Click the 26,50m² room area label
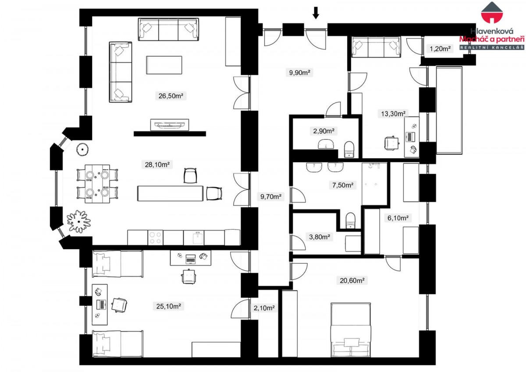coord(171,96)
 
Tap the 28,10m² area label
coord(157,164)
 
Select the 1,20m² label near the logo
coord(440,49)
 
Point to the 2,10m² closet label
coord(264,308)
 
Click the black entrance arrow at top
coord(316,13)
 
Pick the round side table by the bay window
coord(82,149)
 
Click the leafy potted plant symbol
coord(78,221)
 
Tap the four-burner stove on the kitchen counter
coord(156,237)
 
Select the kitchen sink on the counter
coord(198,238)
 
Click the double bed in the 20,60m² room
coord(351,330)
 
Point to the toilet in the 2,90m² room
coord(349,149)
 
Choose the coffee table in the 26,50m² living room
coord(164,65)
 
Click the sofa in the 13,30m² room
coord(376,47)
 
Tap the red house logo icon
coord(492,12)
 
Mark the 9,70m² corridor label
coord(271,196)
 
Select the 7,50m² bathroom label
coord(343,185)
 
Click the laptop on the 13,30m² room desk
coord(410,137)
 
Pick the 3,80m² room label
coord(320,237)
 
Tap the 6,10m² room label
coord(398,218)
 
